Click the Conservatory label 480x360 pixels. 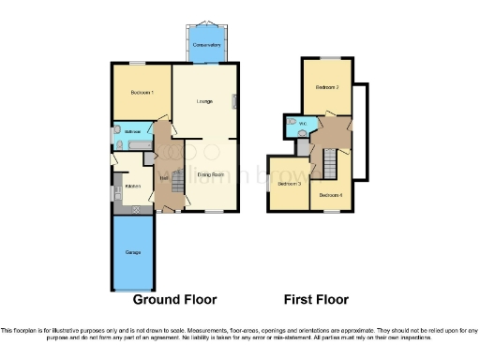(x=205, y=45)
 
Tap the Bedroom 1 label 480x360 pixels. (x=142, y=93)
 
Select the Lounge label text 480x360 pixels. (x=204, y=100)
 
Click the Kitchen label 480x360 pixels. (x=133, y=186)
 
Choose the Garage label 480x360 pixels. (x=133, y=253)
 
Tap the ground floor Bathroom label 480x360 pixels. (x=125, y=132)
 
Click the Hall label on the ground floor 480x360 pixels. (x=163, y=177)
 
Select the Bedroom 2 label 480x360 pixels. (x=326, y=87)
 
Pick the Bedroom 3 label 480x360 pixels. (x=287, y=184)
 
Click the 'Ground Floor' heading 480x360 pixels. (x=174, y=300)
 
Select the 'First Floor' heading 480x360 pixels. (x=316, y=300)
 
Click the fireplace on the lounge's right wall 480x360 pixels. (x=235, y=101)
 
